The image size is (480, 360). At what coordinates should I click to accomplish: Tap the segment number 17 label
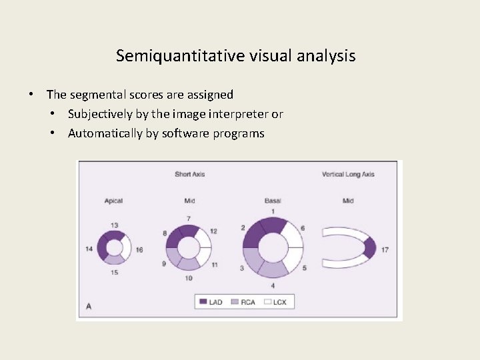(x=385, y=250)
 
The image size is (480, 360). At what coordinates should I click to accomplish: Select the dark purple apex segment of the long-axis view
(x=369, y=248)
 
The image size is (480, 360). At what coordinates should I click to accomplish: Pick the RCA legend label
(x=248, y=303)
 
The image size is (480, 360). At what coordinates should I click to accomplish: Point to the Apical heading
(x=113, y=201)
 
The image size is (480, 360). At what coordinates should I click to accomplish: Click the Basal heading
(x=273, y=201)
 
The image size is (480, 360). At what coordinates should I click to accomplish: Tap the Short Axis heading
(x=190, y=175)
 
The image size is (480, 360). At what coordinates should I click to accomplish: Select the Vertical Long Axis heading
(x=348, y=175)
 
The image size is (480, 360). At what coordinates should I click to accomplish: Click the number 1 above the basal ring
(x=272, y=212)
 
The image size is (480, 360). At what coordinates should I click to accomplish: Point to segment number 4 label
(x=272, y=286)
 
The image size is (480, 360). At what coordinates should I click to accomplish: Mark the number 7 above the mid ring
(x=189, y=219)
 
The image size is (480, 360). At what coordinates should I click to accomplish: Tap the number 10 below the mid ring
(x=189, y=278)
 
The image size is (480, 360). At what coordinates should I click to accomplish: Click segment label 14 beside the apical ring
(x=89, y=249)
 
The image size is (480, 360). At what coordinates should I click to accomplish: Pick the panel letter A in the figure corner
(x=88, y=306)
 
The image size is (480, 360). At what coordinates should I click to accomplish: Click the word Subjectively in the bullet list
(x=101, y=114)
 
